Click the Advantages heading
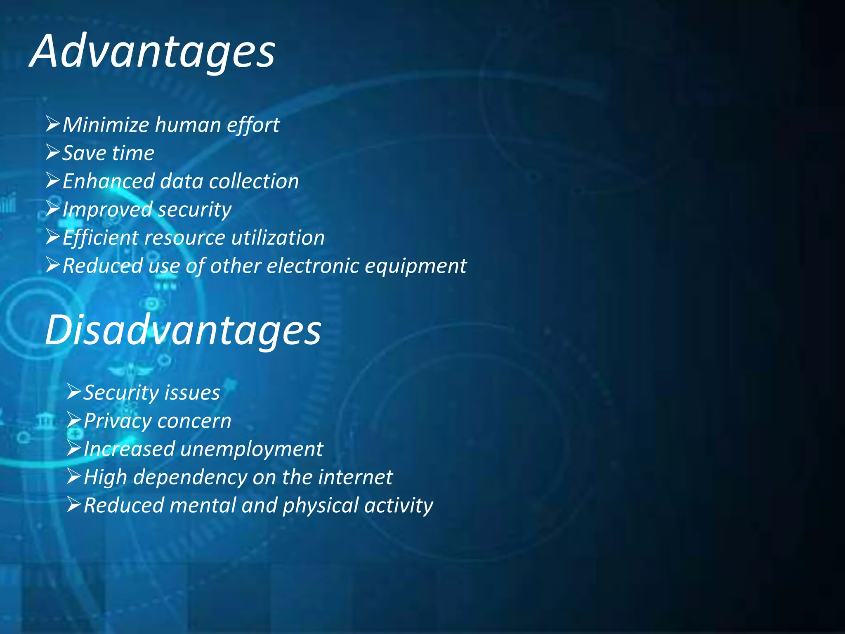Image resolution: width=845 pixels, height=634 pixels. pyautogui.click(x=153, y=52)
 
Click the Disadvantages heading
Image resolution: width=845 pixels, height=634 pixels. pyautogui.click(x=183, y=330)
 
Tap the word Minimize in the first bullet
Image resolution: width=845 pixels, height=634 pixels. pyautogui.click(x=106, y=125)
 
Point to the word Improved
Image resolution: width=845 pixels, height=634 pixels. pyautogui.click(x=107, y=209)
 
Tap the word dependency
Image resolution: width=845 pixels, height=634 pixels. pyautogui.click(x=190, y=478)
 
